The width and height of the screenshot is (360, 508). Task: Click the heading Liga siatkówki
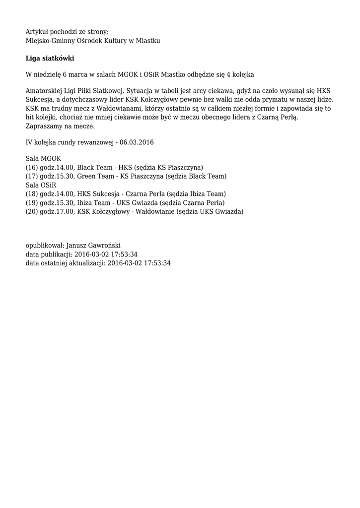50,59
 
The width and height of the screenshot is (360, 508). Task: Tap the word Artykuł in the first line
38,31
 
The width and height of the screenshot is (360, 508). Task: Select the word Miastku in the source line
148,40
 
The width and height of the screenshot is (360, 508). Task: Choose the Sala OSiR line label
41,185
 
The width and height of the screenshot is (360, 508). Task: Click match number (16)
32,168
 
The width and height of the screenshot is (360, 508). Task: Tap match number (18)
32,194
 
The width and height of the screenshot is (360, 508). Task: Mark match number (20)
32,211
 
